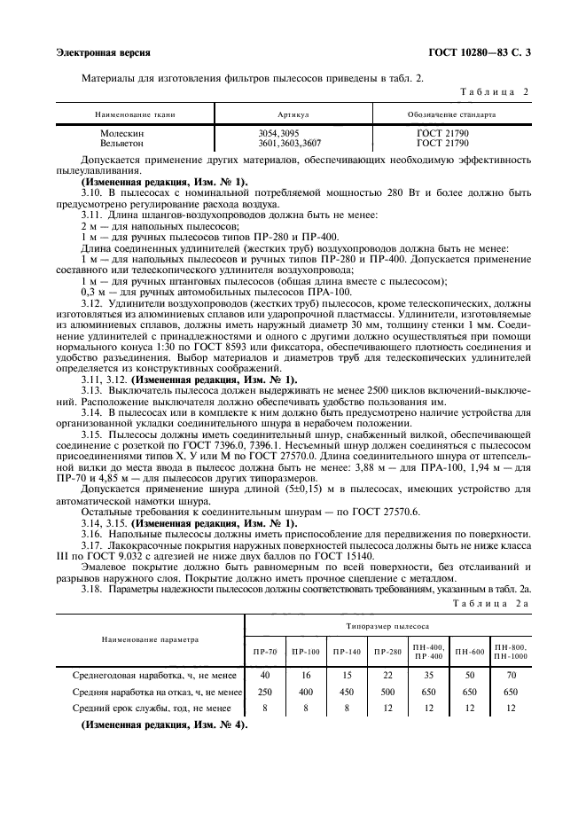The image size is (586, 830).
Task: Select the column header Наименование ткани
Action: click(x=133, y=115)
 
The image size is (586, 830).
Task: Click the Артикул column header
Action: click(x=293, y=115)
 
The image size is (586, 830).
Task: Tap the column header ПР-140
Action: click(x=347, y=652)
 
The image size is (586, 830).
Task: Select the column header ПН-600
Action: click(x=469, y=652)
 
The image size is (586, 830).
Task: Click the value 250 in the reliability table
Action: click(x=263, y=691)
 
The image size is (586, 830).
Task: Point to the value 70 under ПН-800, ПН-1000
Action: click(x=510, y=675)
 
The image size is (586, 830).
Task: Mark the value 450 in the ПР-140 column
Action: click(x=346, y=691)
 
